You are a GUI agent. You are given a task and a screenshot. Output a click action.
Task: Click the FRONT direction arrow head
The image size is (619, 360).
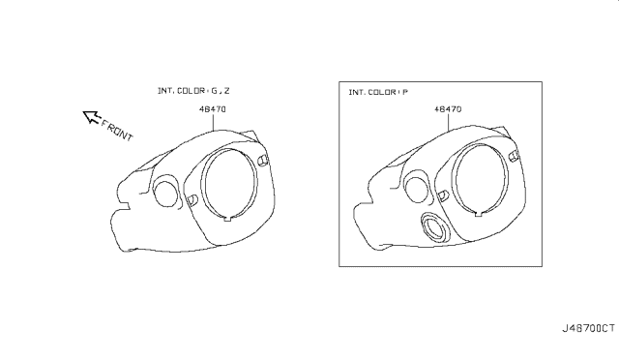(91, 116)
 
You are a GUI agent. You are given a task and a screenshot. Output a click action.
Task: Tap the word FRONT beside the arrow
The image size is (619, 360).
(117, 131)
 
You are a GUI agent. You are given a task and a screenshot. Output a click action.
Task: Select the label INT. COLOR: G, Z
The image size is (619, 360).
(193, 91)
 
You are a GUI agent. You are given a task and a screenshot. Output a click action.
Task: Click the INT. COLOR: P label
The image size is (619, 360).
(378, 93)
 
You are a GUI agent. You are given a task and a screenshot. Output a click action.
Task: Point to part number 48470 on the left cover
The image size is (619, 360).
(213, 109)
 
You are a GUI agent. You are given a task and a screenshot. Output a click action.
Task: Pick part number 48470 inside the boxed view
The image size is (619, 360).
(448, 109)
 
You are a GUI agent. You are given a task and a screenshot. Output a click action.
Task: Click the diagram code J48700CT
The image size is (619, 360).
(588, 328)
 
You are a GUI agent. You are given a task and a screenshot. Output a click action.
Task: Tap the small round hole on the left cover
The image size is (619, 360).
(165, 194)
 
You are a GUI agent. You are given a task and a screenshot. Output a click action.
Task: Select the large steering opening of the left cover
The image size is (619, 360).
(230, 184)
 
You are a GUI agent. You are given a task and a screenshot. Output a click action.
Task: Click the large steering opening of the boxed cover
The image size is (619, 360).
(481, 179)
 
